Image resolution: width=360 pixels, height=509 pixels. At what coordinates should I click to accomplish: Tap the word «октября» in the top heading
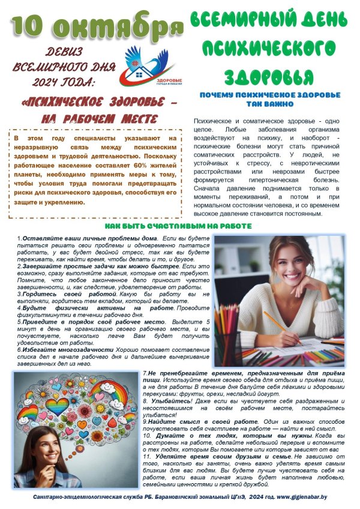point(114,27)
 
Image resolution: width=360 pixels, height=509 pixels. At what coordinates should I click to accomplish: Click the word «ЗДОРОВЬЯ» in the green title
point(269,77)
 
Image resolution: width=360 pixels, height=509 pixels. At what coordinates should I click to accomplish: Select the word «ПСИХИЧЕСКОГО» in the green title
point(268,49)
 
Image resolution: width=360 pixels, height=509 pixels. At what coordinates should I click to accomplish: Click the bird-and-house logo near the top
point(146,65)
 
